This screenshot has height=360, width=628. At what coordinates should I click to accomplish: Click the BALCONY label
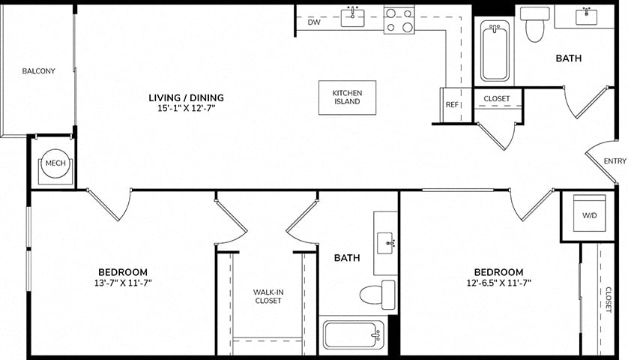[38, 71]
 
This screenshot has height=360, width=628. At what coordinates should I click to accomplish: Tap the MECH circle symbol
[55, 163]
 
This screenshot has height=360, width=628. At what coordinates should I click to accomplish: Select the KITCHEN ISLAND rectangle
[347, 97]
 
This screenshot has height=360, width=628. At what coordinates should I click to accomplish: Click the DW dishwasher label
[314, 22]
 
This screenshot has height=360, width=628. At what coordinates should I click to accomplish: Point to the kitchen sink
[352, 18]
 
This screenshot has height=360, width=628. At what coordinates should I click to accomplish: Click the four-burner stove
[399, 19]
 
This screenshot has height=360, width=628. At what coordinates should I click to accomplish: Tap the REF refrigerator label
[452, 105]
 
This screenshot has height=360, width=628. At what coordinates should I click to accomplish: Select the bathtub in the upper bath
[495, 51]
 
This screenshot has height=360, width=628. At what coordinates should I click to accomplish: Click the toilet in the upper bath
[534, 25]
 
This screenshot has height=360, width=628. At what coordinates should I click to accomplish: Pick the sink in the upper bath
[586, 16]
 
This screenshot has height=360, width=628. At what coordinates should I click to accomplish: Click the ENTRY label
[615, 160]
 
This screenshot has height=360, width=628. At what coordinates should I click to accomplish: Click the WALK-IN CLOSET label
[268, 296]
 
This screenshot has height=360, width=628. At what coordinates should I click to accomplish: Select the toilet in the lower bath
[377, 295]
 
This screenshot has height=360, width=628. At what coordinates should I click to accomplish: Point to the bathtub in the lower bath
[353, 334]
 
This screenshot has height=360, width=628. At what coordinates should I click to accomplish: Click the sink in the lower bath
[386, 243]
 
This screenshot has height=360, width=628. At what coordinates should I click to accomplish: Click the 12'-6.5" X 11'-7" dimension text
[498, 283]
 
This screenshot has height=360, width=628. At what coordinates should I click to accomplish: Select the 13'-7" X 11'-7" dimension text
[123, 283]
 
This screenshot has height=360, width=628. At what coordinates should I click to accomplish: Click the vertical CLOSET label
[609, 300]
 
